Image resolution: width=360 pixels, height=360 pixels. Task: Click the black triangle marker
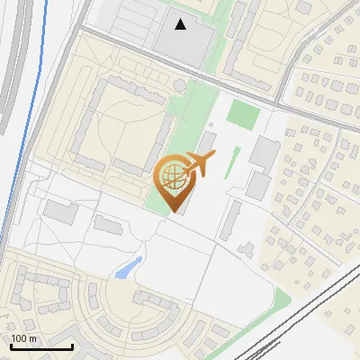click(181, 24)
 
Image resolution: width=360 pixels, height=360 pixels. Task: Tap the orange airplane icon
click(198, 164)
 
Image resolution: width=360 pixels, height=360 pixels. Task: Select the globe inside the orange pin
click(172, 173)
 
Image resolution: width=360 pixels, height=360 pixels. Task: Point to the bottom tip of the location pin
click(173, 211)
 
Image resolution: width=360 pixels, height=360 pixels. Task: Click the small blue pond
click(129, 267)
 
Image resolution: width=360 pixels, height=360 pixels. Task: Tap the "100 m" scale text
click(24, 338)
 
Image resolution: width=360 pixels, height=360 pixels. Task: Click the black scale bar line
click(41, 346)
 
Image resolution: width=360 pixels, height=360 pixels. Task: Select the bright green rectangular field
click(241, 114)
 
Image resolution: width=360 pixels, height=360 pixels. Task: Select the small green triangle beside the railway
click(282, 299)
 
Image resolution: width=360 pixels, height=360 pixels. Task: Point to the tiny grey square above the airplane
click(211, 125)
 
